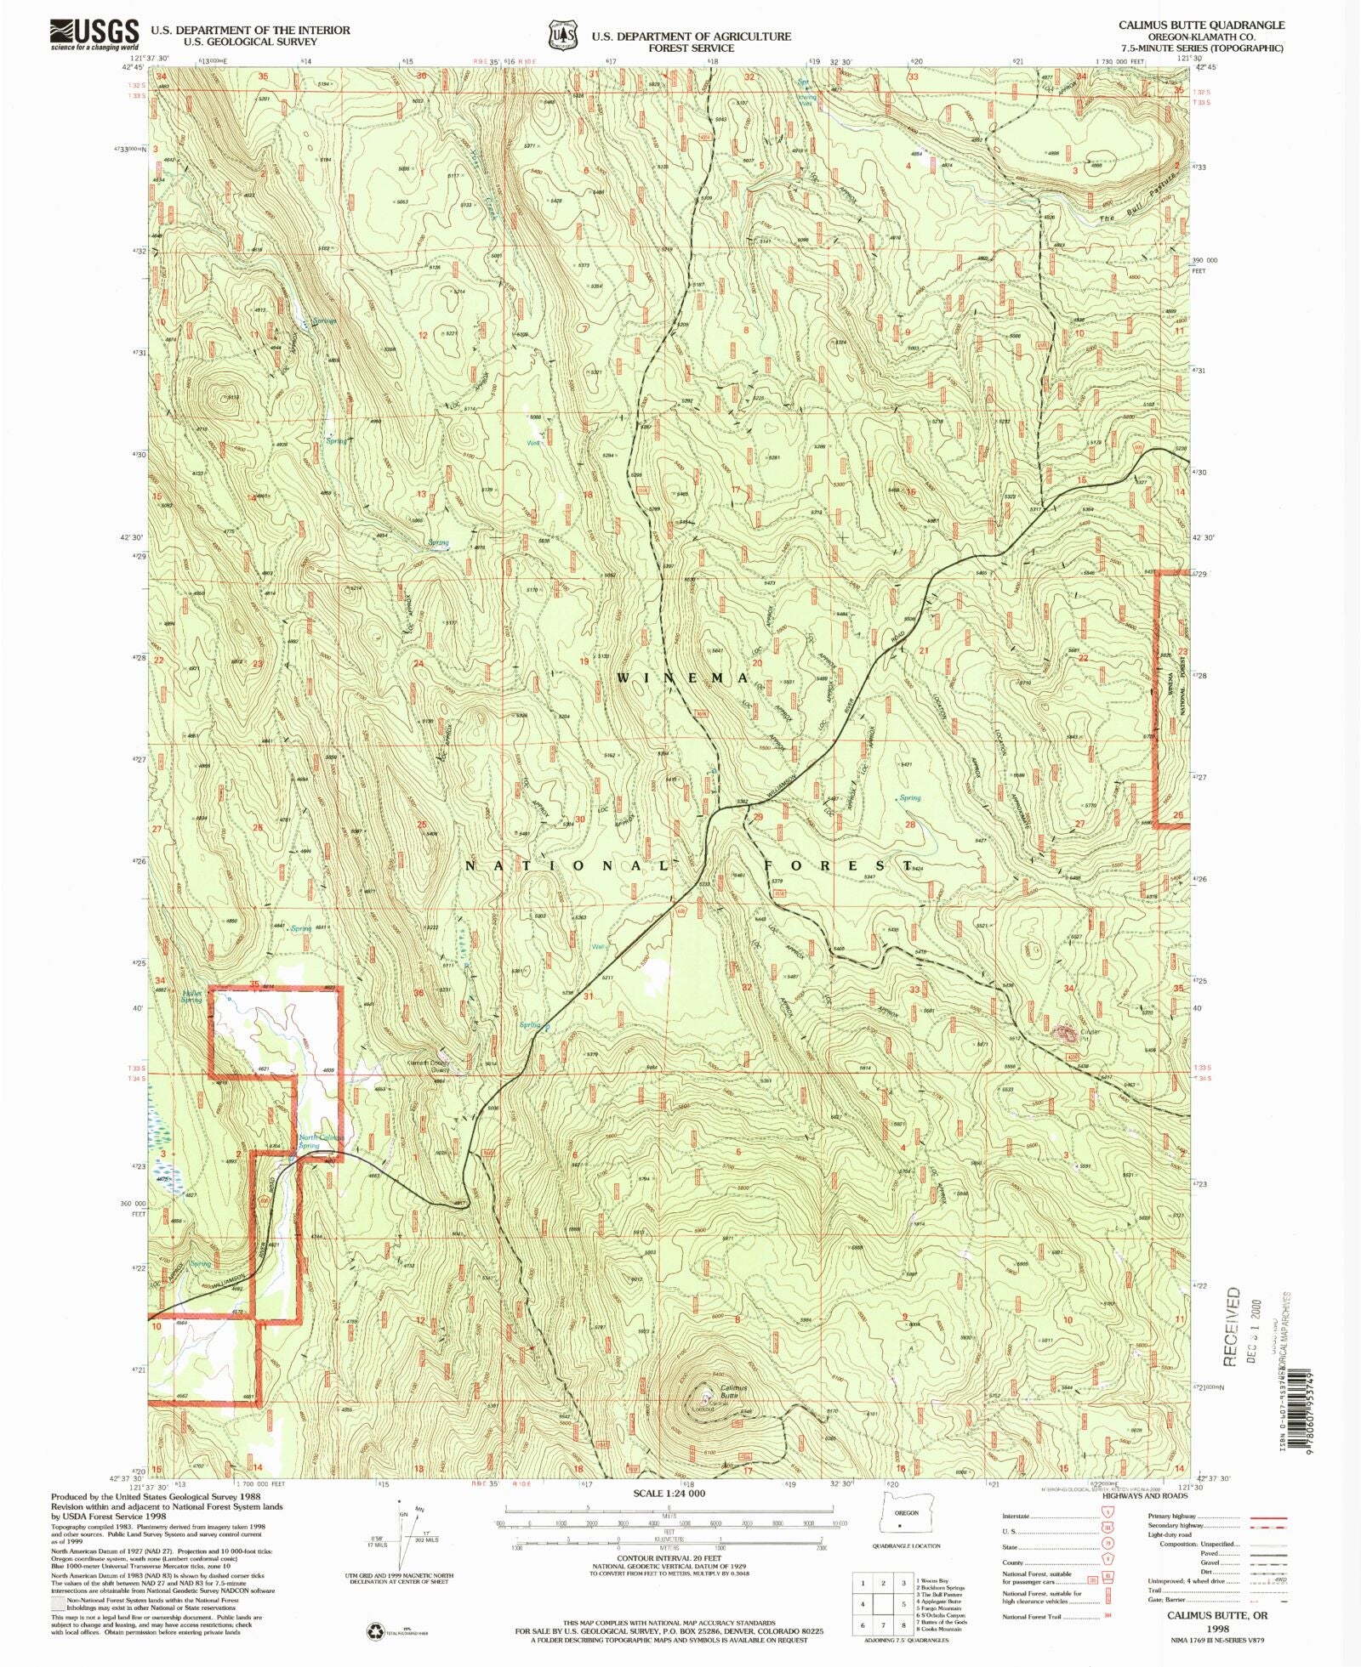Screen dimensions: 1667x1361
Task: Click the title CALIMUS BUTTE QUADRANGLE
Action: pyautogui.click(x=1201, y=26)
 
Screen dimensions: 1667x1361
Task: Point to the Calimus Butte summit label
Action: pyautogui.click(x=733, y=1392)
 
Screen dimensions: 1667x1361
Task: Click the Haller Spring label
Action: pyautogui.click(x=191, y=996)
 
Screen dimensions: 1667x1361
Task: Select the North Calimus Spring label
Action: pyautogui.click(x=321, y=1141)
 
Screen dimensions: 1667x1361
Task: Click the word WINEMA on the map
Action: pyautogui.click(x=683, y=678)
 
